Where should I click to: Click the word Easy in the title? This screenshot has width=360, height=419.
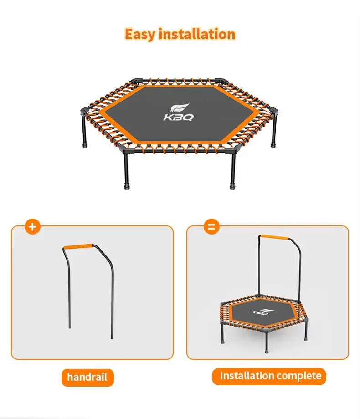(140, 34)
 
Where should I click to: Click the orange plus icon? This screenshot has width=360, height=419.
(32, 226)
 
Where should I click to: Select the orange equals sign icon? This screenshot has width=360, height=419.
(211, 226)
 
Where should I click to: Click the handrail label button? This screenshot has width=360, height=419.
(87, 377)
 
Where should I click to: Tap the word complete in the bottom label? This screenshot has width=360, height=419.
(299, 376)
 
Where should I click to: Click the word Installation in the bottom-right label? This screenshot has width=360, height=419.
(247, 376)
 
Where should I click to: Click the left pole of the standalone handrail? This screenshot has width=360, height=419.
(69, 291)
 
